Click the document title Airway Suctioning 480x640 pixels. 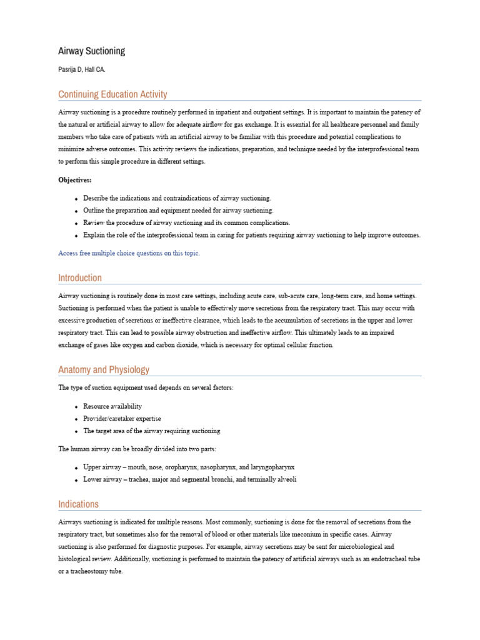click(91, 51)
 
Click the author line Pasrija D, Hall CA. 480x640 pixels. click(82, 70)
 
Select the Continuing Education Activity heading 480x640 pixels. click(112, 94)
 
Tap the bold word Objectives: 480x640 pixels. click(75, 180)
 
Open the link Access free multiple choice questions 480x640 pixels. click(129, 253)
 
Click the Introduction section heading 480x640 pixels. click(80, 277)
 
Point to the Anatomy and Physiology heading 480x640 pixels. click(104, 369)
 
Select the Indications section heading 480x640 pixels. click(78, 504)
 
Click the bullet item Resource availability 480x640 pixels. click(112, 406)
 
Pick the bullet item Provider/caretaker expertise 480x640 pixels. click(122, 419)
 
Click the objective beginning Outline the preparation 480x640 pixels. click(178, 211)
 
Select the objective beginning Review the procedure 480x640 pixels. click(186, 222)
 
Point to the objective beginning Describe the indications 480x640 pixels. click(177, 198)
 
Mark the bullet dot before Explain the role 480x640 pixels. click(76, 236)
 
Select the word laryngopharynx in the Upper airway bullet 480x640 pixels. click(271, 467)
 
